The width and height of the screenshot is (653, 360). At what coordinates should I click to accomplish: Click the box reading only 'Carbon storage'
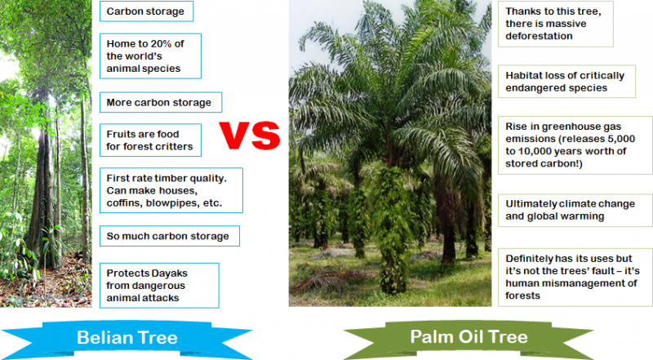(x=145, y=11)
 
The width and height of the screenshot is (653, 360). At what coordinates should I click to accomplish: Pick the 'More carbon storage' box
(x=161, y=102)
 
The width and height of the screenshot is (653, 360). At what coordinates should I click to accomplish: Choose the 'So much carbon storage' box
(x=168, y=237)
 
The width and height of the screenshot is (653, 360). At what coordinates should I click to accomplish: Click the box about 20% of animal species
(x=150, y=56)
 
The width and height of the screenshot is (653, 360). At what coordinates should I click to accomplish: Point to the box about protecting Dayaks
(x=158, y=285)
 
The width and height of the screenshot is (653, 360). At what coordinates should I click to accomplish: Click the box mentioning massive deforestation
(x=555, y=24)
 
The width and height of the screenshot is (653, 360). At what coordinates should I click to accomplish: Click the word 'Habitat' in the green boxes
(x=526, y=75)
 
